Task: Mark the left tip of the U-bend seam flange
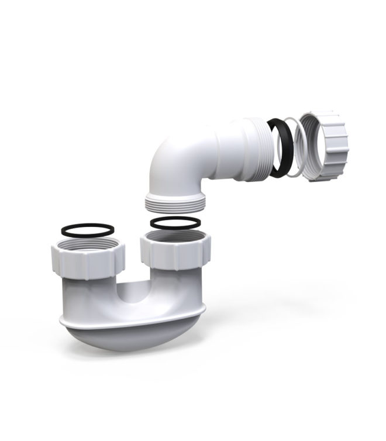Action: (x=60, y=319)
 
